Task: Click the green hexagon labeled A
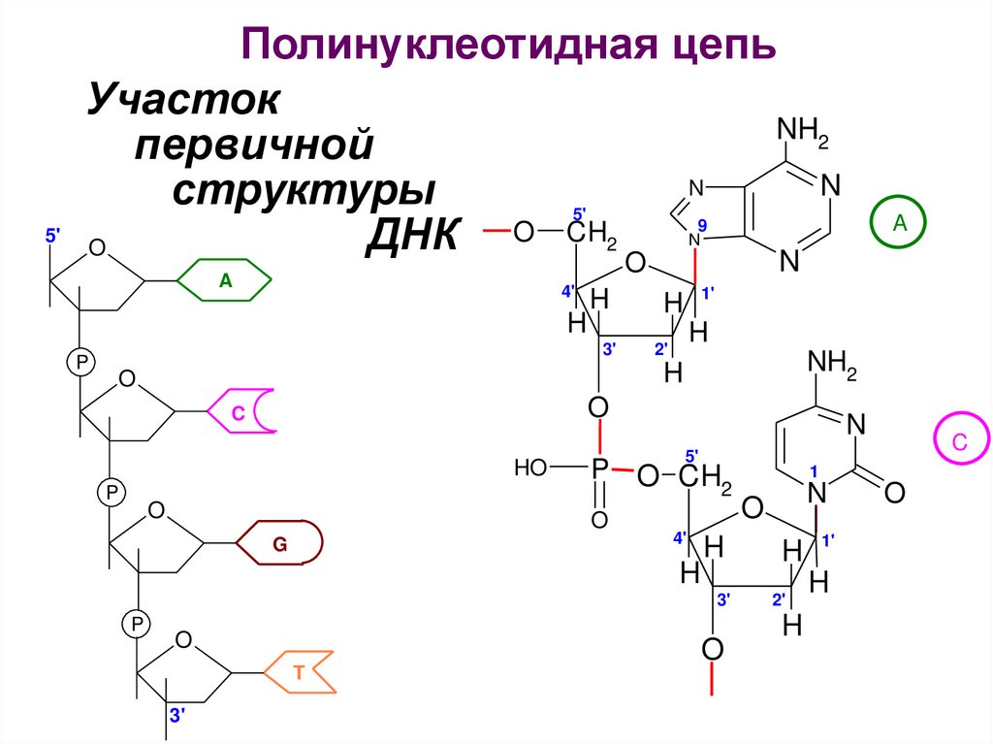pyautogui.click(x=226, y=281)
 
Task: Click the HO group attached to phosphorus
pyautogui.click(x=531, y=469)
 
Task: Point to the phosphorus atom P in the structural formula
pyautogui.click(x=599, y=469)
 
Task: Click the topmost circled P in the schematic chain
pyautogui.click(x=80, y=361)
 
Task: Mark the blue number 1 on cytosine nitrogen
pyautogui.click(x=815, y=470)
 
